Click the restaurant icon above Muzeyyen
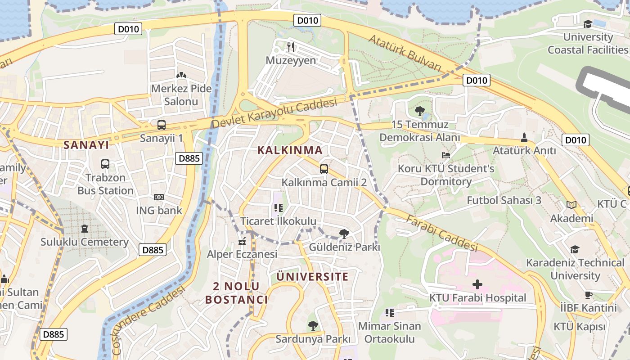[x=291, y=46]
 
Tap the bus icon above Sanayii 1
[x=161, y=125]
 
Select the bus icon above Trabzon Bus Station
[x=105, y=164]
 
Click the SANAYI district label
[x=86, y=145]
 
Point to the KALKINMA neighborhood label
[x=290, y=150]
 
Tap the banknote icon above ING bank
[x=159, y=197]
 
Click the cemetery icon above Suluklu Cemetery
[x=85, y=229]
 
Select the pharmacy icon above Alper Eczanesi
[x=242, y=242]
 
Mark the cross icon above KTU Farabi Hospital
[x=477, y=284]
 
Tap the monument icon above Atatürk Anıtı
[x=524, y=137]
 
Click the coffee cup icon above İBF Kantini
[x=588, y=295]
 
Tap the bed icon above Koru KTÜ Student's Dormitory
[x=445, y=155]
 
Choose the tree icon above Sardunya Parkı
[x=313, y=325]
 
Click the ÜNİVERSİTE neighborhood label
[x=312, y=276]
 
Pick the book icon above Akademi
[x=571, y=205]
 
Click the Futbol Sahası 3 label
[x=504, y=200]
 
